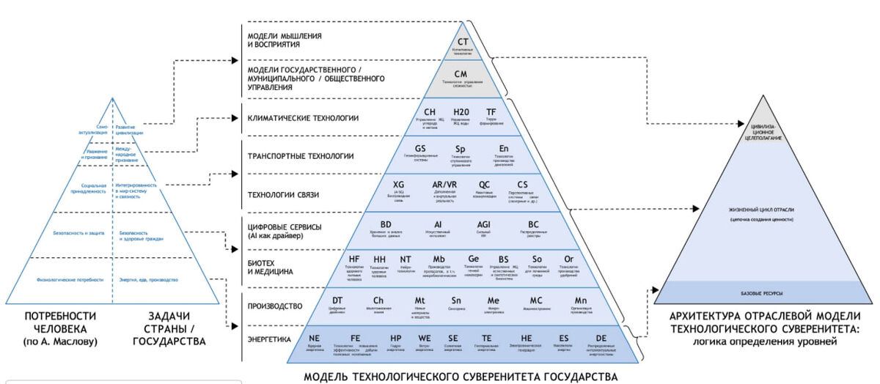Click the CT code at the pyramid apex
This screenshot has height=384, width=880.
463,43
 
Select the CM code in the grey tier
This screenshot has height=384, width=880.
461,74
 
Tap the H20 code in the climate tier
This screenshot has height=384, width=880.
461,111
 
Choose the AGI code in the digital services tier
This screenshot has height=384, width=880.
484,224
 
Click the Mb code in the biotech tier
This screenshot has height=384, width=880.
439,259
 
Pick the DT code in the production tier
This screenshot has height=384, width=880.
338,300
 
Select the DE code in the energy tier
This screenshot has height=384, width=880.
601,338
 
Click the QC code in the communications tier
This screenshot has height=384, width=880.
485,185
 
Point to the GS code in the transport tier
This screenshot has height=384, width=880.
420,148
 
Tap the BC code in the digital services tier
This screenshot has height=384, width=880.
533,224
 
